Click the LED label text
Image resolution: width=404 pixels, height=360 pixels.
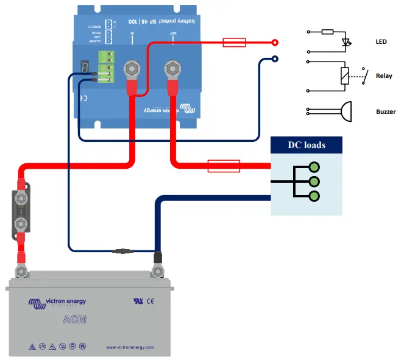[381, 42]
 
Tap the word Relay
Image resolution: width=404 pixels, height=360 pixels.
[383, 76]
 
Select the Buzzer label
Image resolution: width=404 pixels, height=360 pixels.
[386, 111]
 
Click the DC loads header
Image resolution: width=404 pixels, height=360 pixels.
[306, 145]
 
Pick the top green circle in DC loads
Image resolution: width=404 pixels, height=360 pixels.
[314, 167]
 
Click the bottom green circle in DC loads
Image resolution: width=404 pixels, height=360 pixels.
[314, 196]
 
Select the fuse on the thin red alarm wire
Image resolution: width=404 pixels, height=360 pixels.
[234, 43]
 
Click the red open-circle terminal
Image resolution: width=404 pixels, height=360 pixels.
[275, 43]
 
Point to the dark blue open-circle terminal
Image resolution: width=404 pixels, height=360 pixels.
[275, 59]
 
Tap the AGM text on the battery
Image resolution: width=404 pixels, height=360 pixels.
[74, 319]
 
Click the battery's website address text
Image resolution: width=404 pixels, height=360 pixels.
[130, 347]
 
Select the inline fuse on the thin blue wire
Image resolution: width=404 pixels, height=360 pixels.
[124, 250]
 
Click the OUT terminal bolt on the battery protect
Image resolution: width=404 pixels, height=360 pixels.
[171, 68]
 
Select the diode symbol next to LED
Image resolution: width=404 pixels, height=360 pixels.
[347, 43]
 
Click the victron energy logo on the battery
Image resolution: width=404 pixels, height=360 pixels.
[57, 302]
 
